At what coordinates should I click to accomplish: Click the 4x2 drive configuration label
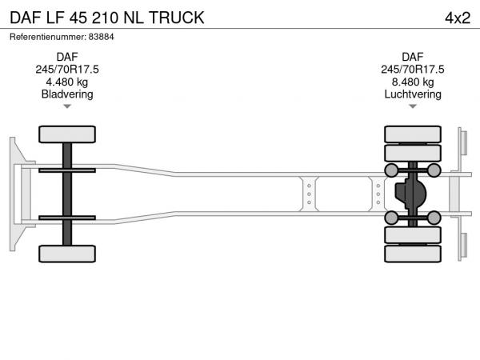pos(458,18)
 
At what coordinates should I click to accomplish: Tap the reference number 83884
pos(102,37)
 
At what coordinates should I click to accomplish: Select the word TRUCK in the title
pos(177,18)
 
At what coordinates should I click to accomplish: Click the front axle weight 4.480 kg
pos(67,82)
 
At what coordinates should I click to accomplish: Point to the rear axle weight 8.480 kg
pos(413,82)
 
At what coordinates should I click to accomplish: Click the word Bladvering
pos(67,94)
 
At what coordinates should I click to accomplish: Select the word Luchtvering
pos(413,94)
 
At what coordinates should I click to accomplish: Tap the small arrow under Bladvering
pos(67,106)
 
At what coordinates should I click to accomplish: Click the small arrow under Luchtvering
pos(413,106)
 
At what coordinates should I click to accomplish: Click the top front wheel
pos(67,134)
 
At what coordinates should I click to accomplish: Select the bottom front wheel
pos(67,254)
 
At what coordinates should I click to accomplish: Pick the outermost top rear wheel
pos(413,134)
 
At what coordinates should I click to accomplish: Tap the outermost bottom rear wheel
pos(413,254)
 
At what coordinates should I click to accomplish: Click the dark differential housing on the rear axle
pos(410,194)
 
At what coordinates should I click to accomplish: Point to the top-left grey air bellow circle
pos(391,170)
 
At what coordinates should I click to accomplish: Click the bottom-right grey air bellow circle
pos(434,218)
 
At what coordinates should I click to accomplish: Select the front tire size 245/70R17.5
pos(67,70)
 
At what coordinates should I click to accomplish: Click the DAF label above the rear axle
pos(413,57)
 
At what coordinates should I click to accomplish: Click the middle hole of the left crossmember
pos(309,194)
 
